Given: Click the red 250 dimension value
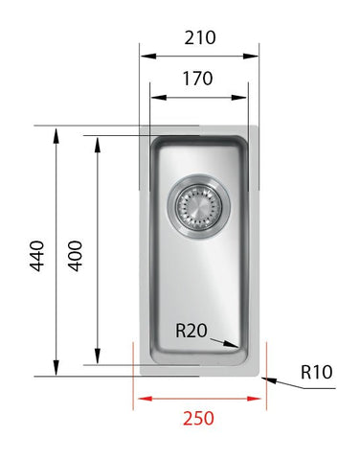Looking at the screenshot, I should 198,418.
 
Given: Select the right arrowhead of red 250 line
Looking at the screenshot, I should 259,398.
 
